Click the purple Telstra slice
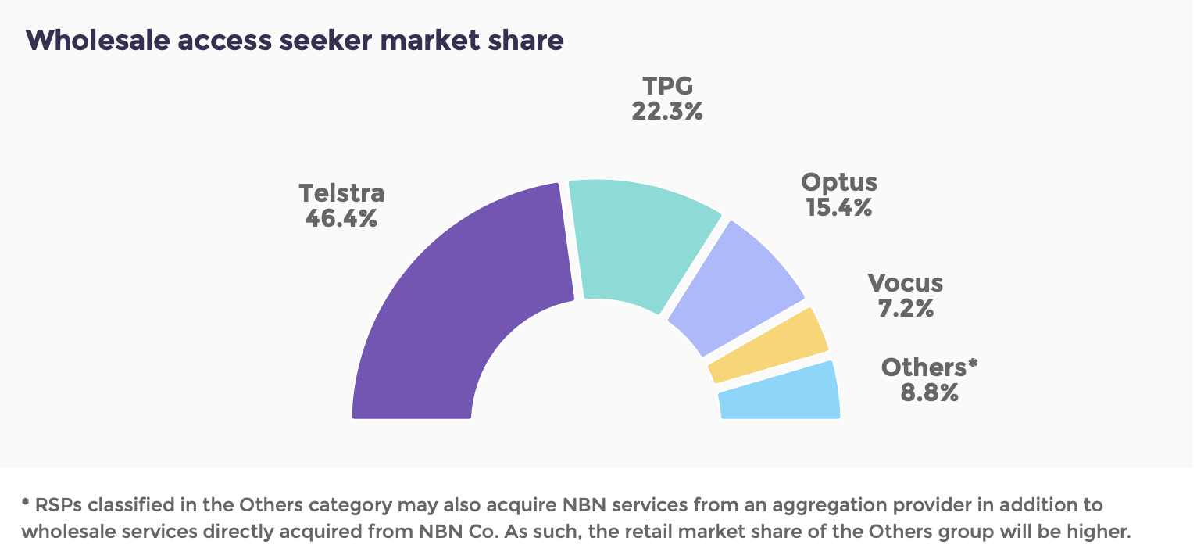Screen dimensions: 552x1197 [461, 297]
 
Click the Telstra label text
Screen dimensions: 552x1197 [341, 193]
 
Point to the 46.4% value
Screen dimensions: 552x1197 [341, 218]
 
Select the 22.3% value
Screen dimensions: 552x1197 [666, 111]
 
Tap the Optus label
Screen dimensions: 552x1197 [839, 183]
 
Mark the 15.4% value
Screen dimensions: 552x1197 [839, 208]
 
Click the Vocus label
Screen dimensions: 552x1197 [905, 283]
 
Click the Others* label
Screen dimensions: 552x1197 [929, 367]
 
